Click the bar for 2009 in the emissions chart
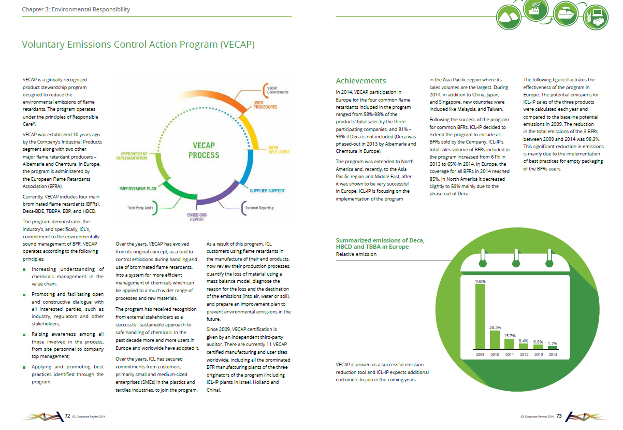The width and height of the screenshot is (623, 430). click(x=480, y=317)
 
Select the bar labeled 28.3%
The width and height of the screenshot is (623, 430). click(x=495, y=339)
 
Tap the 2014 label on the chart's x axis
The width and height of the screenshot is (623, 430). click(x=553, y=354)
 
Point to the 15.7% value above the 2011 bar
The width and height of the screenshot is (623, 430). click(x=510, y=336)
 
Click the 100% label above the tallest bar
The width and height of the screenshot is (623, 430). click(x=480, y=281)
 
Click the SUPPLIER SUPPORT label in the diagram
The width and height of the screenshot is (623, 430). click(x=267, y=191)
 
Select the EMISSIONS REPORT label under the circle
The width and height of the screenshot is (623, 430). click(x=197, y=217)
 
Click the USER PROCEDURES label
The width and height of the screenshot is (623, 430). click(x=265, y=105)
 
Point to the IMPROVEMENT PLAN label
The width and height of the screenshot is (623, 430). click(x=138, y=189)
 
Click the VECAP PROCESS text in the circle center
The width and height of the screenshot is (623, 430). click(x=204, y=150)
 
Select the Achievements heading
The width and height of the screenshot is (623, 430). click(x=361, y=81)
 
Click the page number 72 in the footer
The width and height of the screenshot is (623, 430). click(x=67, y=416)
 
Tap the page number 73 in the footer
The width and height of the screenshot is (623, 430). click(x=559, y=416)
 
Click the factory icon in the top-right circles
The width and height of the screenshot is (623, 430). click(x=535, y=10)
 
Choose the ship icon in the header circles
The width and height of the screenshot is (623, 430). click(x=566, y=13)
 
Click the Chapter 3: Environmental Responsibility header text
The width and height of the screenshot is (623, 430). click(x=76, y=9)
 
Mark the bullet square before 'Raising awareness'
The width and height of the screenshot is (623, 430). click(x=24, y=335)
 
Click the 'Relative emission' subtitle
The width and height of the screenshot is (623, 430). click(x=356, y=254)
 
